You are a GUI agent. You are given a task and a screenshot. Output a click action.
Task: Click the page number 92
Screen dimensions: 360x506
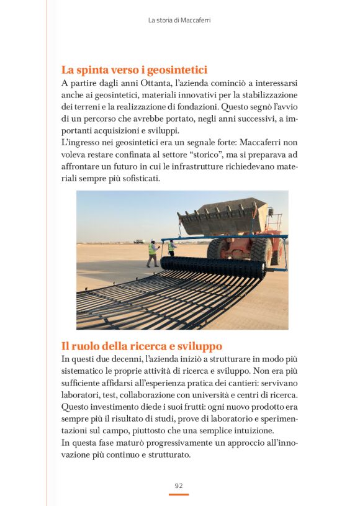178,485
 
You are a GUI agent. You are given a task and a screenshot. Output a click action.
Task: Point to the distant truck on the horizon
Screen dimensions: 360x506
138,241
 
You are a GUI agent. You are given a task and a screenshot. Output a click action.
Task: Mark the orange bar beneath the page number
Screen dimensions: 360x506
178,495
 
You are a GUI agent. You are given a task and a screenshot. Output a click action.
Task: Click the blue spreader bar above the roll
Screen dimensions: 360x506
223,237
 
